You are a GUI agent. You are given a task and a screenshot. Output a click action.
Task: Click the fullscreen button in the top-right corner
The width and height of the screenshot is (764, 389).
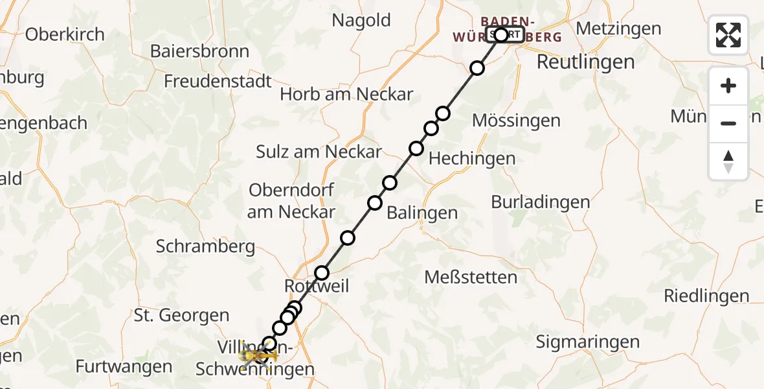point(728,34)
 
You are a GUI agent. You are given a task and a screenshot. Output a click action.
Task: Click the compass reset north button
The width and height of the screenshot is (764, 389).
point(728,161)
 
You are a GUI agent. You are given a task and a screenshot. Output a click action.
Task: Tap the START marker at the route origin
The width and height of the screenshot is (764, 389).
point(505,34)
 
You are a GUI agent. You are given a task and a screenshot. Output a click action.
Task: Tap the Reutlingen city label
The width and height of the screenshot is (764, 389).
point(585,62)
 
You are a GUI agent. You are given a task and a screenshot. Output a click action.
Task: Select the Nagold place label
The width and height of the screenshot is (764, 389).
point(361,20)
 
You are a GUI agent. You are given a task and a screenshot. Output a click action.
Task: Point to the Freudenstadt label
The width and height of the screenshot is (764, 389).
point(218,82)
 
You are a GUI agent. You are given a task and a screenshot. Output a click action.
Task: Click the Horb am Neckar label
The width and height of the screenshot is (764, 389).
point(346,94)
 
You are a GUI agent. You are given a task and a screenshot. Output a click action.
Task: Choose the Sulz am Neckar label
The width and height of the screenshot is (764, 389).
point(319,152)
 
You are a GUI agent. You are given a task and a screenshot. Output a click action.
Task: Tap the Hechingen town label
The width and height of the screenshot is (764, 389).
point(472,158)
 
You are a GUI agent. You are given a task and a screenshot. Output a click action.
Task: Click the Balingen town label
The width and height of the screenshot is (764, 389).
point(422,213)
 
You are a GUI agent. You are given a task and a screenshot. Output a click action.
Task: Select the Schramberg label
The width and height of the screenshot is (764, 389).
point(206,246)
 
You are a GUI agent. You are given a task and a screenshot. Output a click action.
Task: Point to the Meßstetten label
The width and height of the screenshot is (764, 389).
point(471,277)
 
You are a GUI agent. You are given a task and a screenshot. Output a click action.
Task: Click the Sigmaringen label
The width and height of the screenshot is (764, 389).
point(588,342)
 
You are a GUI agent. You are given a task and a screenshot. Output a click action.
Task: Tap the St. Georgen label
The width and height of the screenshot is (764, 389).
point(181,316)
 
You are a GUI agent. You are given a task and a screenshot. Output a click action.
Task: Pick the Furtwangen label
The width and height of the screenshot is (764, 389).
point(124,366)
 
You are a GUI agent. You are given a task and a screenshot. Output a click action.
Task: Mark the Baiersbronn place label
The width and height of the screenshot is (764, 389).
point(199,51)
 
